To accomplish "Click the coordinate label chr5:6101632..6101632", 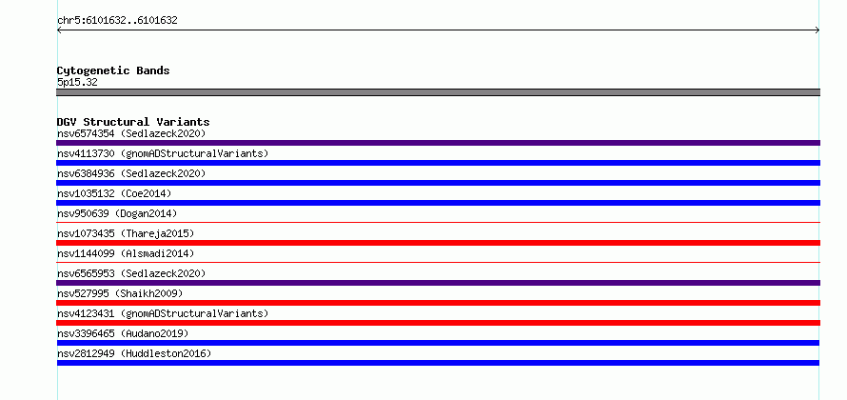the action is [117, 21].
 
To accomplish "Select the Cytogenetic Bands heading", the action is [113, 70].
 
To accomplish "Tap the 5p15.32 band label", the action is [77, 83].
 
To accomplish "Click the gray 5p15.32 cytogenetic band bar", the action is [438, 92].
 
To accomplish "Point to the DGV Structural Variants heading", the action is [133, 122].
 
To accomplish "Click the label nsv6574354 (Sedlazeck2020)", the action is [131, 133].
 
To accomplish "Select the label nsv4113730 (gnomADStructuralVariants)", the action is [163, 153].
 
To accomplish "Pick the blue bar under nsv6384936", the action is [438, 183].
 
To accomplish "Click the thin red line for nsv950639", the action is [438, 222].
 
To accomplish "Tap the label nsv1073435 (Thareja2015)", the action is [126, 233].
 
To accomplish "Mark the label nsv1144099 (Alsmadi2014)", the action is [126, 253].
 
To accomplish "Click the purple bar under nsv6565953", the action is [438, 283].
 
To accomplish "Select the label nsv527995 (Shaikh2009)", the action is [120, 293].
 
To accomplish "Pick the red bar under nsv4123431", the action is [438, 323].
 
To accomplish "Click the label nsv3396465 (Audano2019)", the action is [123, 333].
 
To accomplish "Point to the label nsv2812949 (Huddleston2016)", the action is [134, 353].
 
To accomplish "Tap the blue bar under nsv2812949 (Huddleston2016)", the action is [438, 363].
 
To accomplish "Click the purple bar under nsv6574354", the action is [438, 143].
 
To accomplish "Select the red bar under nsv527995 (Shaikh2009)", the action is [438, 303].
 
